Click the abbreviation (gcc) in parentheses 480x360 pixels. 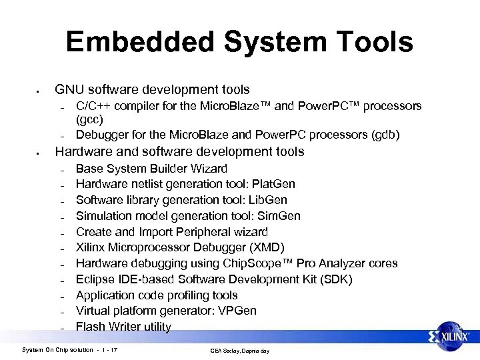[90, 120]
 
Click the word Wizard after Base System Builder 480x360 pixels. [207, 169]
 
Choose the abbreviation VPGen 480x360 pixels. [238, 311]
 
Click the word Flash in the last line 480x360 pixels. [91, 327]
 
